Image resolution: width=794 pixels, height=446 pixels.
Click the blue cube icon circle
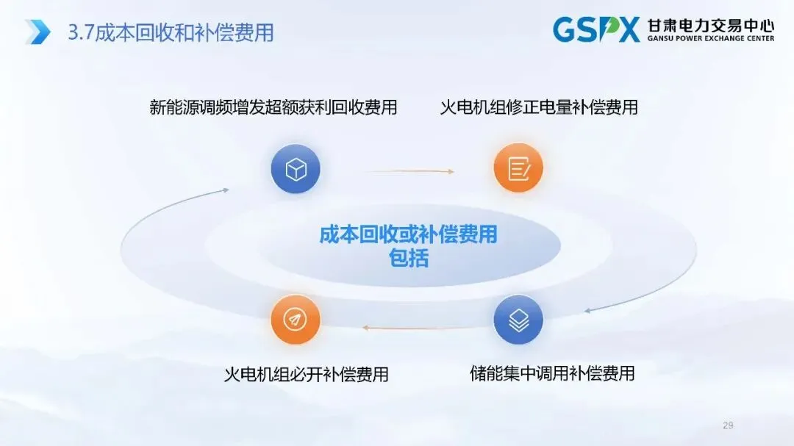pos(296,169)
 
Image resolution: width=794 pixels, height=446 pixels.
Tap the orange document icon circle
pos(518,168)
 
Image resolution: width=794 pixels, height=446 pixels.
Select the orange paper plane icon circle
pos(296,320)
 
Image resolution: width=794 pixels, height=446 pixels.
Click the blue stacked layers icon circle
pos(518,320)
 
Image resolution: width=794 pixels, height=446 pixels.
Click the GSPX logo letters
pos(595,30)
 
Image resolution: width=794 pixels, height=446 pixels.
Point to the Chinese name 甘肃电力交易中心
pos(710,26)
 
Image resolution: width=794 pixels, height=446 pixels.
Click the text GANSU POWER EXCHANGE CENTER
pos(710,39)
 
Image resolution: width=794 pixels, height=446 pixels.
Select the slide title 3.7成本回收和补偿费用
pos(171,32)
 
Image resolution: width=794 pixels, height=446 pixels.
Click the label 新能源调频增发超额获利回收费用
pos(273,107)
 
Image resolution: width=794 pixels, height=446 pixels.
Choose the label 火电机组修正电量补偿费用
pos(539,107)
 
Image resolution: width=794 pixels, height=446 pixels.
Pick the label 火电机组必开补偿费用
pos(306,374)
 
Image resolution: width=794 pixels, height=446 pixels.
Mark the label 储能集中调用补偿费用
pos(552,373)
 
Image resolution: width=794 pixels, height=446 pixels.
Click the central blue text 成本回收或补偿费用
pos(408,235)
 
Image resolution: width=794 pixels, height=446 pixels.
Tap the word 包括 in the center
pos(408,259)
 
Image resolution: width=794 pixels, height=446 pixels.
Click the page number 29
pos(729,425)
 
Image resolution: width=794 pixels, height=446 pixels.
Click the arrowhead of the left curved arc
pos(226,190)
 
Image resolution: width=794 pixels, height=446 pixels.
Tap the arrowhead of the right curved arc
pos(587,310)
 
